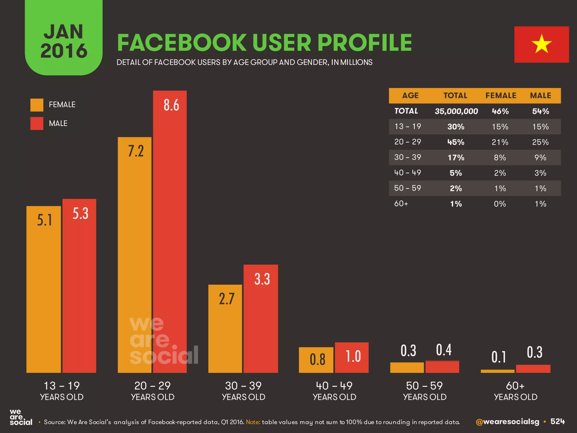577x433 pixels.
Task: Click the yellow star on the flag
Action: coord(541,44)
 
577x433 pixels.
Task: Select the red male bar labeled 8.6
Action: coord(170,231)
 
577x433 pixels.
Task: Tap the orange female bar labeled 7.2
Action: coord(135,254)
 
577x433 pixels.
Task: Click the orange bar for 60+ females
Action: coord(498,371)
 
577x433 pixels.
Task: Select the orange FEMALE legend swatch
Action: coord(37,105)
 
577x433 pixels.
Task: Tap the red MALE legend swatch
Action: coord(37,123)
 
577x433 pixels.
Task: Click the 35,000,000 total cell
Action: coord(456,111)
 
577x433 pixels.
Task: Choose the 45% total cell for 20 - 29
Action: coord(456,142)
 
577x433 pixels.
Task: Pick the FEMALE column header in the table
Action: coord(501,96)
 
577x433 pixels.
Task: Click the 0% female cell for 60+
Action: coord(500,204)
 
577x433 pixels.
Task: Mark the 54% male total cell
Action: coord(540,111)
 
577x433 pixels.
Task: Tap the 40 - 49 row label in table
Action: coord(407,173)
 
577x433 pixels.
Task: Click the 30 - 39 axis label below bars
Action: coord(243,386)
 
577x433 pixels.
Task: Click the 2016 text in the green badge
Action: coord(64,51)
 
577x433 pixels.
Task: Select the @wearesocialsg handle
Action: coord(507,422)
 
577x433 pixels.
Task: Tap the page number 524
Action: coord(558,421)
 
